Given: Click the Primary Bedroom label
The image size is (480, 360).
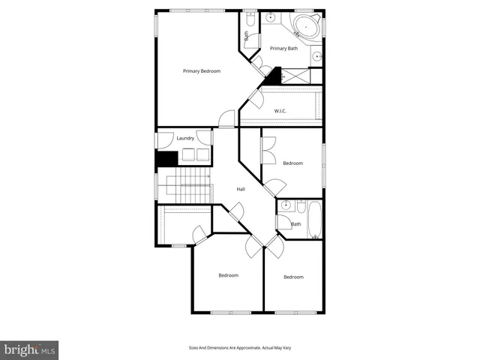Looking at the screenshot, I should click(202, 71).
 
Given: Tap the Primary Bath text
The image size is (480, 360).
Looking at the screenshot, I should click(283, 49).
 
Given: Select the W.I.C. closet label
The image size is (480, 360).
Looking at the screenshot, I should click(280, 111).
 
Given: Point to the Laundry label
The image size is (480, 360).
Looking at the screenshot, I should click(185, 138).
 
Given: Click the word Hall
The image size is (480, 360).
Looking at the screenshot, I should click(241, 189).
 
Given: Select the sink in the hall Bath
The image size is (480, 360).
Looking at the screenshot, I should click(286, 205).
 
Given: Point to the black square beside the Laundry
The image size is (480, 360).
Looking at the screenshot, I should click(166, 158).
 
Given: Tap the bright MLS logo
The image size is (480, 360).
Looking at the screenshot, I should click(30, 349).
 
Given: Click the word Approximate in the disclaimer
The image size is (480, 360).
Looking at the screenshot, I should click(247, 348).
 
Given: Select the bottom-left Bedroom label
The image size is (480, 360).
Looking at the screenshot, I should click(228, 275).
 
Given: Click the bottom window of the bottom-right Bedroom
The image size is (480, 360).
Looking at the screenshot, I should click(292, 311).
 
